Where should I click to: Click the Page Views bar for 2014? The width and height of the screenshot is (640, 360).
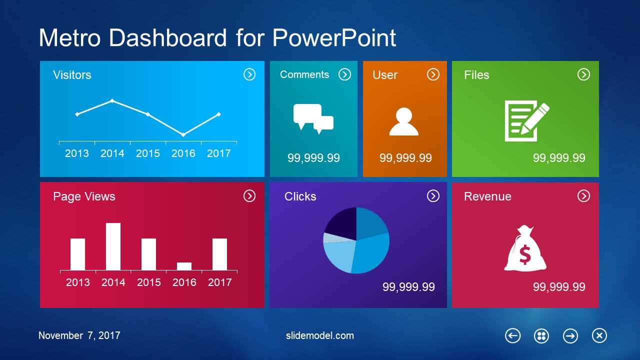[113, 246]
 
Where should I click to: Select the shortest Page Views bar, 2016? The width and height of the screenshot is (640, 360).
[184, 266]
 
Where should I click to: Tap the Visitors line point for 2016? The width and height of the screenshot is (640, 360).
[183, 134]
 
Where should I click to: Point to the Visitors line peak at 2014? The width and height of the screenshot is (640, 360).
[112, 100]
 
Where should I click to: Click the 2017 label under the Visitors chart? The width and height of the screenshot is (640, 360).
[219, 153]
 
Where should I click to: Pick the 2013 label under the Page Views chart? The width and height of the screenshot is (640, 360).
[77, 282]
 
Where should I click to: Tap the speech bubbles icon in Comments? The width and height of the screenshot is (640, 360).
[313, 118]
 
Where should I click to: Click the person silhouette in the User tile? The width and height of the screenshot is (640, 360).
[403, 121]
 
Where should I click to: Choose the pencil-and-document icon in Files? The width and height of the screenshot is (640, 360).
[526, 120]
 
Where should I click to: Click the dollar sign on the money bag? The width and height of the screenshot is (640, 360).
[525, 254]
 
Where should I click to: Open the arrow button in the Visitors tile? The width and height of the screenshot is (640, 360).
[249, 74]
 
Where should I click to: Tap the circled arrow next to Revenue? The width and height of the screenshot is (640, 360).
[583, 196]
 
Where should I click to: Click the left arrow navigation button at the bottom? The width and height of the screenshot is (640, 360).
[513, 335]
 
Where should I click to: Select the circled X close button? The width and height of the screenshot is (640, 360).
[599, 335]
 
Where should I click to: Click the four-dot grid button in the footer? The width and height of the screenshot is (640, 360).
[541, 335]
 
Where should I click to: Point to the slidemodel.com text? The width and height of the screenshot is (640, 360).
[319, 335]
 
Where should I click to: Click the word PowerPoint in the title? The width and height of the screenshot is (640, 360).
[334, 37]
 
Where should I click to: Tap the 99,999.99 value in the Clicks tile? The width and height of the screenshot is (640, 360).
[408, 287]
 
